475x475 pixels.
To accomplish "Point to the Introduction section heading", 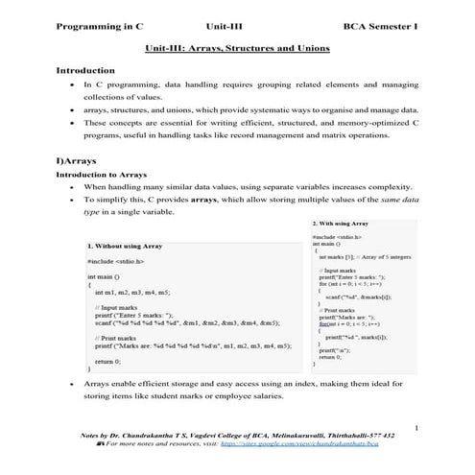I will [x=85, y=71].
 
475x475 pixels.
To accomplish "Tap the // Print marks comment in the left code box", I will [x=122, y=338].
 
